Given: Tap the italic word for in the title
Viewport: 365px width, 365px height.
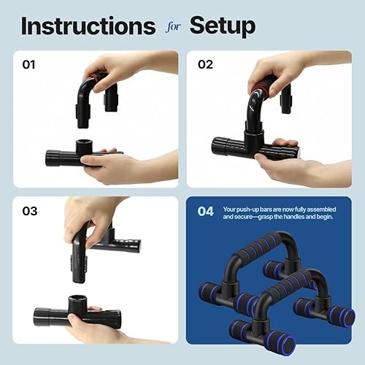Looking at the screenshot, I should pos(172,27).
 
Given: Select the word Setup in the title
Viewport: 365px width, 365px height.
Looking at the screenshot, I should pos(223,26).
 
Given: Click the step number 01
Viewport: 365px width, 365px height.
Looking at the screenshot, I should pos(29,64).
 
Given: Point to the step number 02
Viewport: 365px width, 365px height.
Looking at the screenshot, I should pos(206,64).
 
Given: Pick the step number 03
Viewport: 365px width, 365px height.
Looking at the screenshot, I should pos(29,211).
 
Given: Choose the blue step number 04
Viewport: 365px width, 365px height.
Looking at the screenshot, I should pos(206,212).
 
